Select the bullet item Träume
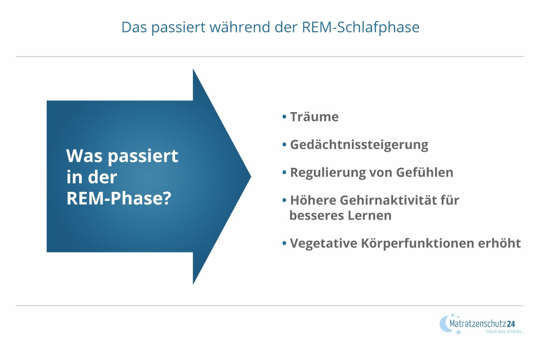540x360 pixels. (x=314, y=117)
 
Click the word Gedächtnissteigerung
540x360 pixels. (x=359, y=145)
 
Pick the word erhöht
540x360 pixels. (x=502, y=244)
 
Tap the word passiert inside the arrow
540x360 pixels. (x=143, y=157)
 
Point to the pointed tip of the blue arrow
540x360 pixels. (x=250, y=177)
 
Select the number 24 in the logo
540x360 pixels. (x=511, y=324)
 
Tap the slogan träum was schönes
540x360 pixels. (x=505, y=332)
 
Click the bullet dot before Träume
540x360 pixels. (x=284, y=116)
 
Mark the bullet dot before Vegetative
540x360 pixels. (x=284, y=243)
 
